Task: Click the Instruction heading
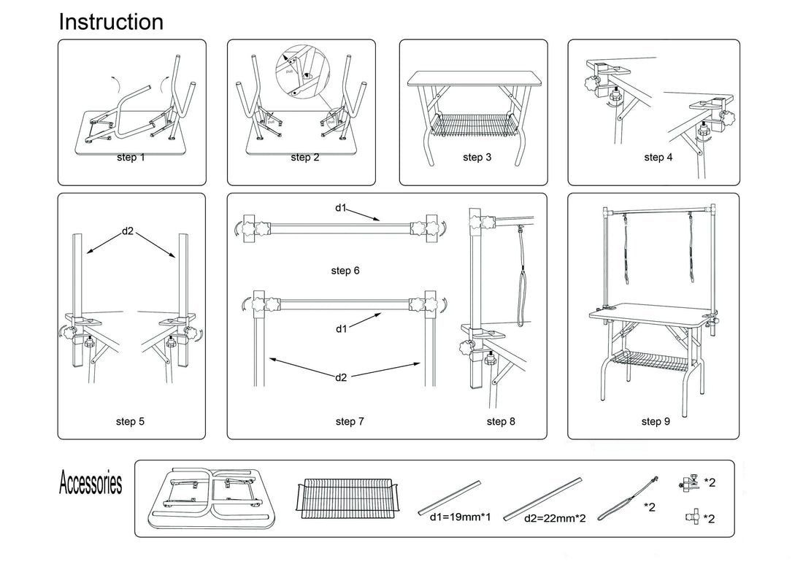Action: (x=111, y=22)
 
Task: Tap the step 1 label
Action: (x=131, y=157)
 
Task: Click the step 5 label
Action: (x=131, y=421)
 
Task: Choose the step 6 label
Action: (x=345, y=271)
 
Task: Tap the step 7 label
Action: (x=350, y=421)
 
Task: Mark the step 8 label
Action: (x=501, y=421)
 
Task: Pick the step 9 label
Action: (x=656, y=421)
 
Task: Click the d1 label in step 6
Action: (x=341, y=208)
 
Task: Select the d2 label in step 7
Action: (x=342, y=377)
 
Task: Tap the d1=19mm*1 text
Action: (x=449, y=517)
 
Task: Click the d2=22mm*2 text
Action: (x=554, y=519)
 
